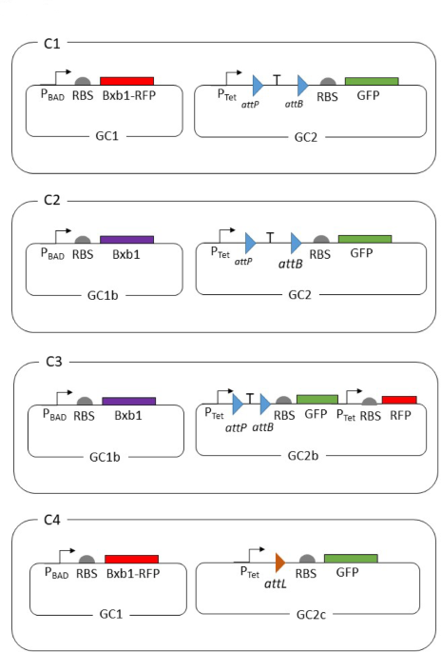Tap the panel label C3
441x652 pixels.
click(55, 363)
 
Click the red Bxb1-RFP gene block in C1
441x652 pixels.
click(126, 81)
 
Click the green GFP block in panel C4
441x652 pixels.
click(350, 559)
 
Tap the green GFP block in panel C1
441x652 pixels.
click(371, 82)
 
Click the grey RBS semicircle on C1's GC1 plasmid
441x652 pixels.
click(83, 83)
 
